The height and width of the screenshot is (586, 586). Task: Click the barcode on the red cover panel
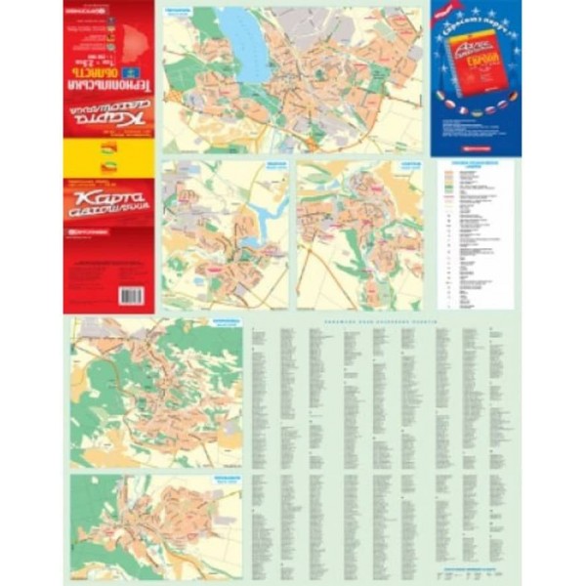(131, 295)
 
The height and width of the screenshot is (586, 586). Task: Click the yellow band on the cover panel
(108, 157)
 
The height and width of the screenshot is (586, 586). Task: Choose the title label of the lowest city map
(227, 480)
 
